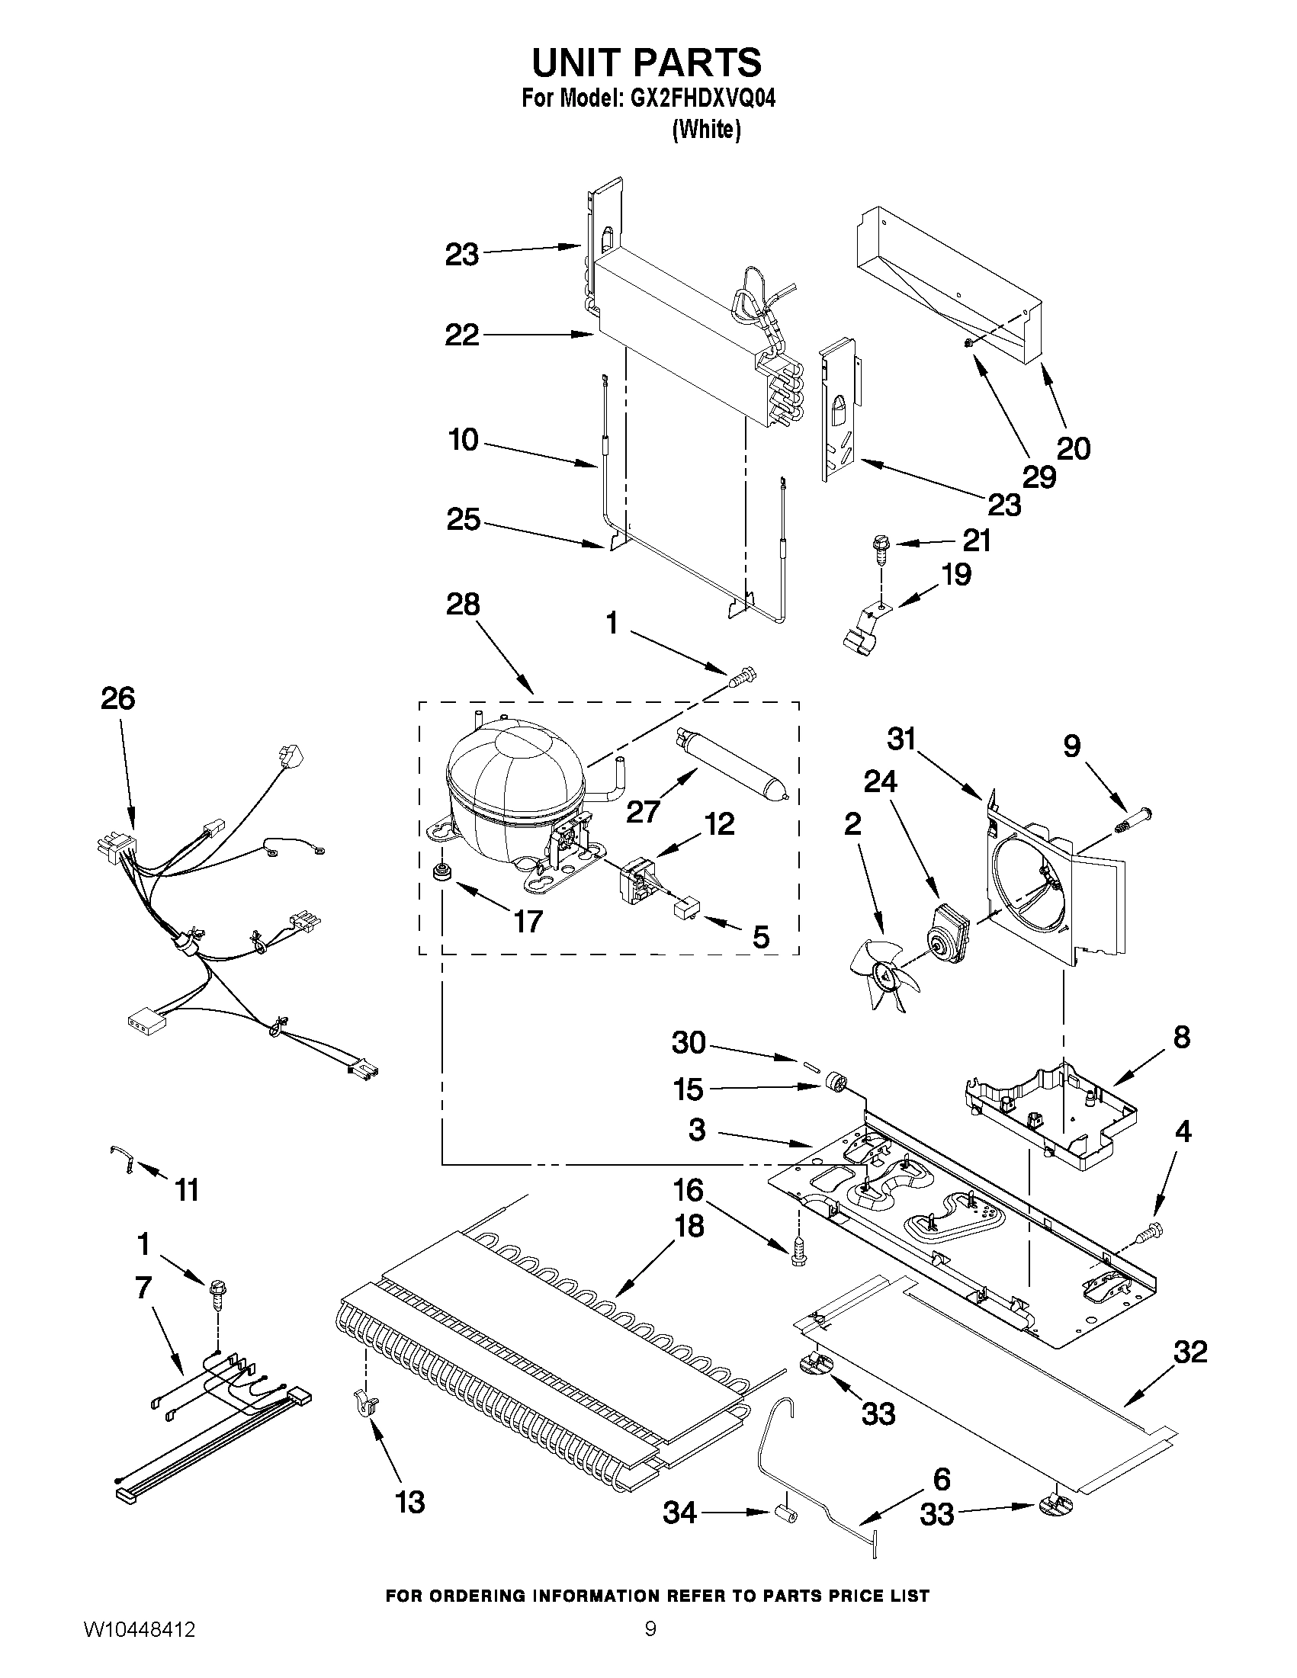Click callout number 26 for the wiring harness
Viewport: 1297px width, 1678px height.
118,698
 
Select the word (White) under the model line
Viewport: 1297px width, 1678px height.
706,130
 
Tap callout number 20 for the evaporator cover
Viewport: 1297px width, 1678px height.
1074,448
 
